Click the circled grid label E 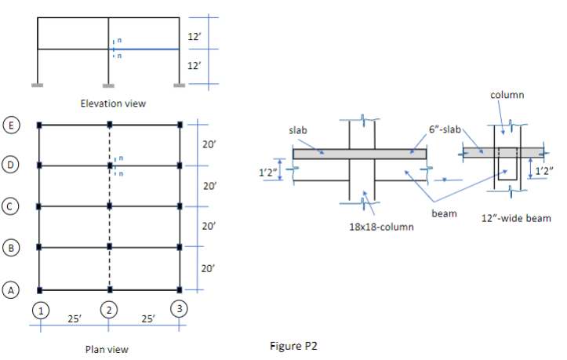tap(12, 125)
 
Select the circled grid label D tap(12, 165)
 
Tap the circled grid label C tap(12, 207)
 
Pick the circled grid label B tap(12, 248)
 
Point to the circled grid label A tap(12, 290)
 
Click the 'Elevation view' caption tap(114, 104)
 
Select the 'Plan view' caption tap(107, 349)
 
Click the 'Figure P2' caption tap(293, 344)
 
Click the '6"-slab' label tap(447, 129)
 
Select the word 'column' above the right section tap(507, 94)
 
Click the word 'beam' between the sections tap(443, 213)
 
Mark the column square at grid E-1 tap(39, 125)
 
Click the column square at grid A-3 tap(180, 289)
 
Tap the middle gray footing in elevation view tap(109, 85)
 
